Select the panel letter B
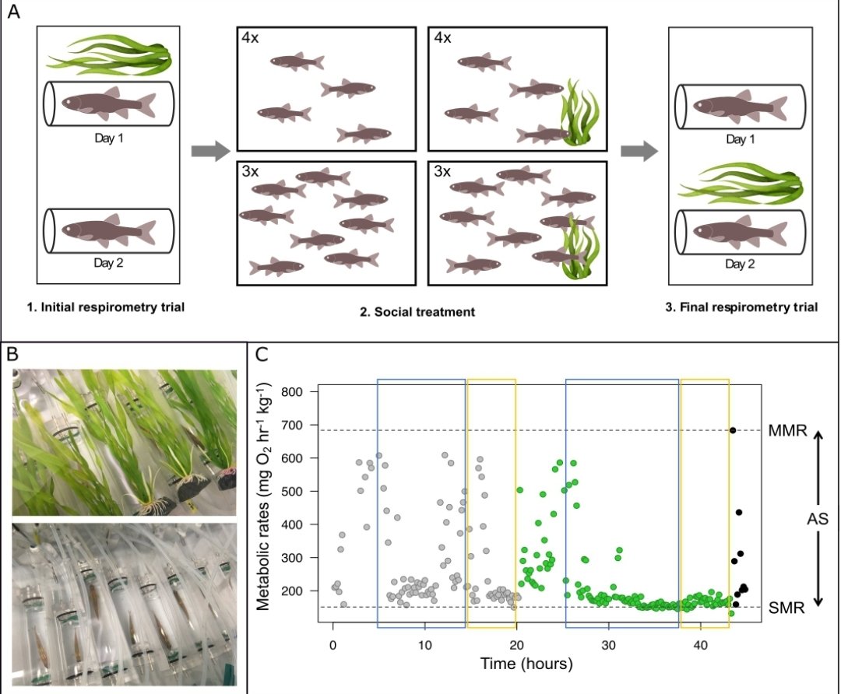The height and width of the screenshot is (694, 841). (x=12, y=355)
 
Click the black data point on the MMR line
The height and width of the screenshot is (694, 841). (x=733, y=430)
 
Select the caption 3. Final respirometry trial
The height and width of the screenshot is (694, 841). (x=741, y=307)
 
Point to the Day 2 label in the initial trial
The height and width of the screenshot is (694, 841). (x=108, y=263)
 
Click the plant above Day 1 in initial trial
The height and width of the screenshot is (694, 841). (x=108, y=54)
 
